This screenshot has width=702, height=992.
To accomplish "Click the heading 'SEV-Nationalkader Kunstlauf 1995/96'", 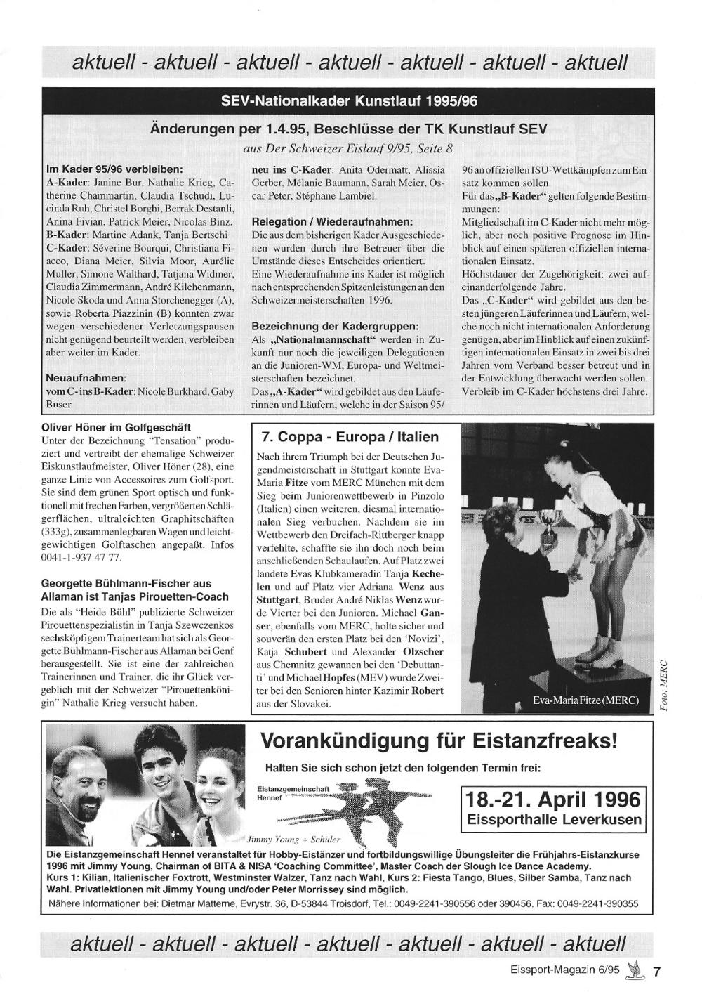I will coord(349,101).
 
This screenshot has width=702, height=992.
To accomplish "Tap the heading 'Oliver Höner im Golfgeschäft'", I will coord(116,427).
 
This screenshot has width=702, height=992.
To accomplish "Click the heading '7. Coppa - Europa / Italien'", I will coord(349,437).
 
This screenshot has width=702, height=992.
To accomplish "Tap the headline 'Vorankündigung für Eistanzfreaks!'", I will coord(439,741).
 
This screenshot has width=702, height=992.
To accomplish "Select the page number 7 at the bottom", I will coord(656,972).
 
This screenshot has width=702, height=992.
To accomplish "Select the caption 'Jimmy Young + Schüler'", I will coord(293,839).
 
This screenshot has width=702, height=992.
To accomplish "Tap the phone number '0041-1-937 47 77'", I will coord(82,558).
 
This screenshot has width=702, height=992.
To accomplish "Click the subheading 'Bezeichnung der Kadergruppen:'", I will coord(334,327).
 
